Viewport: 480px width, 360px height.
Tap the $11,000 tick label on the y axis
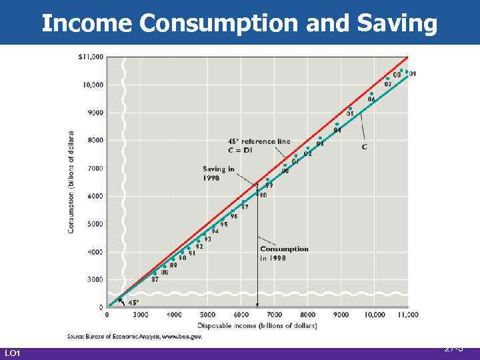tap(91, 57)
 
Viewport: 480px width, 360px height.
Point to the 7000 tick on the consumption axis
tap(95, 168)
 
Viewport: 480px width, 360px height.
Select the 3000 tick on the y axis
tap(95, 279)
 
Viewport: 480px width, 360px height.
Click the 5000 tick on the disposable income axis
tap(208, 315)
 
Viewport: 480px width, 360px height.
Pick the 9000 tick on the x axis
tap(341, 315)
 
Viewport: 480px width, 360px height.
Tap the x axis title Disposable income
tap(262, 325)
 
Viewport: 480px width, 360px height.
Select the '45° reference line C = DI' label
tap(259, 145)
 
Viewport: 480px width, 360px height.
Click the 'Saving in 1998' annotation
tap(218, 173)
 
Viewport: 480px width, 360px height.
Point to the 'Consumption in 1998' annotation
tap(284, 253)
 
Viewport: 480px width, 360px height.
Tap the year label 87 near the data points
tap(155, 280)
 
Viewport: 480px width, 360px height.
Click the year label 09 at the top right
tap(413, 74)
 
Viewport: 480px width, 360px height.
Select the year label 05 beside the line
tap(350, 114)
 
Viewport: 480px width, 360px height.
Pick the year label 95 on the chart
tap(224, 225)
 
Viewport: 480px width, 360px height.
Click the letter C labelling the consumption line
tap(365, 146)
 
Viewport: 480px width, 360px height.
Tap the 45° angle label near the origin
tap(133, 302)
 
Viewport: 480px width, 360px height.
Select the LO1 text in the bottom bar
tap(13, 353)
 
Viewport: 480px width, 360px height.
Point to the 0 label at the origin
tap(101, 308)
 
